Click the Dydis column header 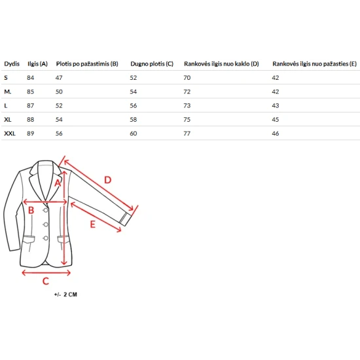(12, 64)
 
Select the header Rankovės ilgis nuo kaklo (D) (221, 64)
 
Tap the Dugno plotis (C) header (152, 64)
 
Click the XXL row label (10, 134)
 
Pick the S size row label (6, 78)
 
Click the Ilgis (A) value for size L (30, 105)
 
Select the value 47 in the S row (59, 78)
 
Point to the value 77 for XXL (187, 134)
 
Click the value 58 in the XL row (134, 119)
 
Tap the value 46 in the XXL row (276, 134)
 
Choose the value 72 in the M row (187, 92)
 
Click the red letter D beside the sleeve (108, 180)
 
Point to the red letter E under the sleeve (92, 224)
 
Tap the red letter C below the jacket (46, 281)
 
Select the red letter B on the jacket (31, 210)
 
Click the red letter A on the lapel (58, 183)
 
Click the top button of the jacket (46, 210)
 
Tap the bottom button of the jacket (46, 238)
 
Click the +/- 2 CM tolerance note (65, 295)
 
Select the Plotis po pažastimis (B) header (87, 64)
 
